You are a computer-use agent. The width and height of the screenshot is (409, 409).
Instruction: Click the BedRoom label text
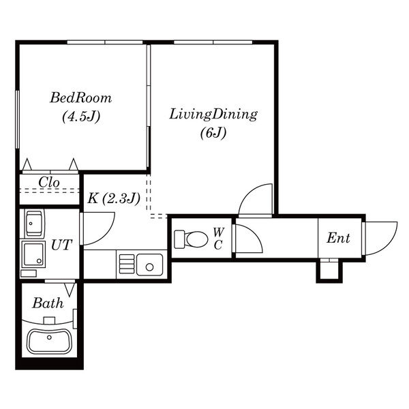coord(81,98)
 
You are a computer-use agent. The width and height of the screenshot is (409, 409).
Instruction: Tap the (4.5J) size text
coord(81,117)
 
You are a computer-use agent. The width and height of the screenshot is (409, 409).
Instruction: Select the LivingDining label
coord(213,115)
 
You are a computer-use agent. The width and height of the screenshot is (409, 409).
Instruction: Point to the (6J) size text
coord(213,133)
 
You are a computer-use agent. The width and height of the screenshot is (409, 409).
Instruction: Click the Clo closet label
coord(49,182)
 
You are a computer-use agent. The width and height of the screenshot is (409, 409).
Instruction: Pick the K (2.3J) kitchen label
coord(114,199)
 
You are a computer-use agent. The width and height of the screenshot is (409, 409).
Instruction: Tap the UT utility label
coord(61,245)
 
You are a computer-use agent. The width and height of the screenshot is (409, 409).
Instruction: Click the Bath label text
coord(48,303)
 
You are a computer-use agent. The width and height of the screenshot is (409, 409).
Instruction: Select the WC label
coord(219,239)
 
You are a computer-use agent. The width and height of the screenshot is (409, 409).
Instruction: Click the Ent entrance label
coord(338,238)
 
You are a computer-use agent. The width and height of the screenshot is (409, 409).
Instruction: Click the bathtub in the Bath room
coord(49,342)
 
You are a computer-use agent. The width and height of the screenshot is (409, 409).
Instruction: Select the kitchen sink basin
coord(150,265)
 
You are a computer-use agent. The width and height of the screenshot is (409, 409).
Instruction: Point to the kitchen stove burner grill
coord(127,264)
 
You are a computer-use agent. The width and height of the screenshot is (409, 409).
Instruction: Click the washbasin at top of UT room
coord(34,224)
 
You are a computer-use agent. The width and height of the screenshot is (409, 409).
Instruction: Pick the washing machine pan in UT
coord(33,254)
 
